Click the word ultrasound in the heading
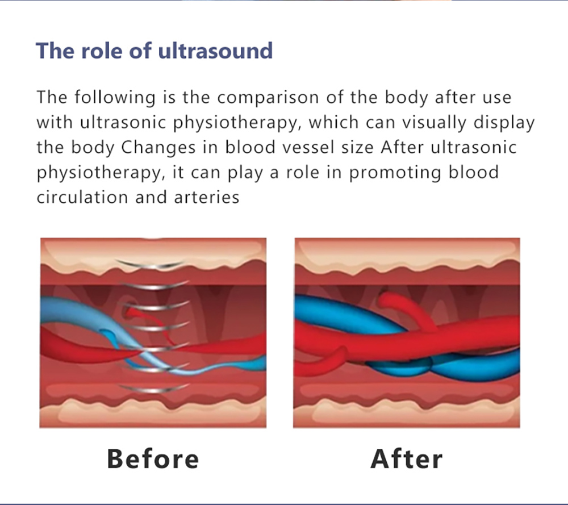point(215,51)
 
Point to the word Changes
point(158,148)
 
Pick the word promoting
point(395,173)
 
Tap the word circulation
point(82,198)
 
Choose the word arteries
point(207,198)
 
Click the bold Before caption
point(153,459)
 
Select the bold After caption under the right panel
point(407,459)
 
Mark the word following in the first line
point(115,98)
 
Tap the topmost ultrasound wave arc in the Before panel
point(150,265)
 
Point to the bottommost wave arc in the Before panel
point(154,390)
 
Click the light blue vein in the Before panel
point(108,319)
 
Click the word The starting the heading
point(55,51)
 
